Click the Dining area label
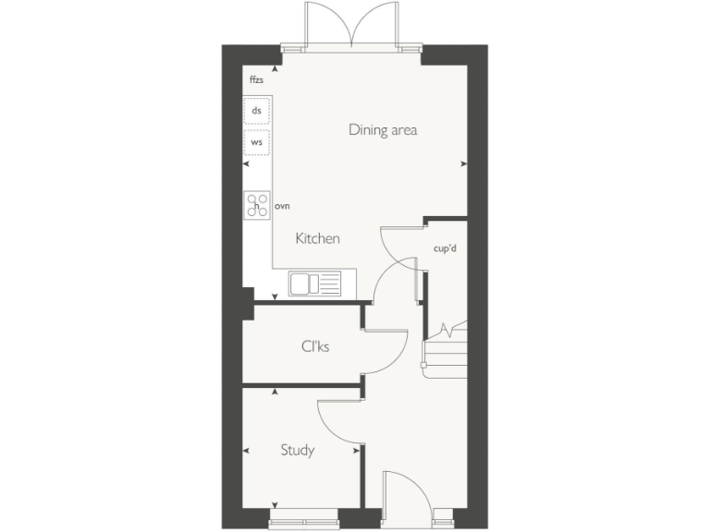[x=383, y=129]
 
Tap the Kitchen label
[x=317, y=238]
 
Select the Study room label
[x=298, y=451]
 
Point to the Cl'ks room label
[x=315, y=346]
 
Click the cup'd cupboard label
[x=446, y=248]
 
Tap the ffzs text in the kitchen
[x=256, y=80]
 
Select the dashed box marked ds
[x=257, y=111]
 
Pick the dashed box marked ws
[x=257, y=143]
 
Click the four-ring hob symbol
[x=256, y=205]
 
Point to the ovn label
[x=282, y=205]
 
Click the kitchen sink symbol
[x=314, y=283]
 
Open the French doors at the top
[x=351, y=26]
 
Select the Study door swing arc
[x=338, y=420]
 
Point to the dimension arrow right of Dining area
[x=463, y=164]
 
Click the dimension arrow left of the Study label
[x=247, y=451]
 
